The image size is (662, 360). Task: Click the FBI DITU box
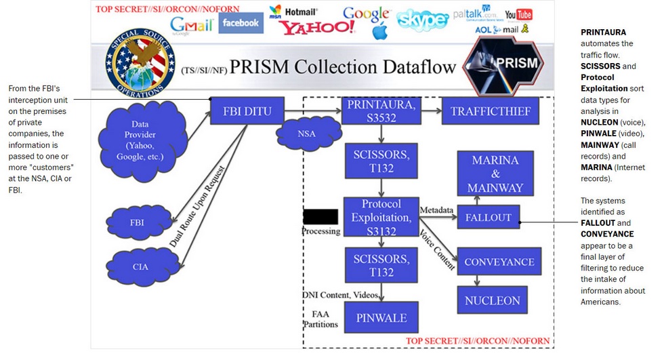tap(246, 112)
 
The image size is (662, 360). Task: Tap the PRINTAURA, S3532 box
tap(381, 111)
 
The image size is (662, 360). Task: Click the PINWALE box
tap(381, 317)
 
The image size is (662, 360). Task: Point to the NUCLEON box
tap(493, 300)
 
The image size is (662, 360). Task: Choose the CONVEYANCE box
tap(499, 262)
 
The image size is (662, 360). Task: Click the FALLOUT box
tap(488, 218)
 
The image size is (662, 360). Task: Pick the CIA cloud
tap(140, 266)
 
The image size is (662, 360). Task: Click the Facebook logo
tap(241, 22)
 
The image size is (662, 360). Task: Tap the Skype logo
tap(422, 20)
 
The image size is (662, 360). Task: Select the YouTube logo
tap(518, 14)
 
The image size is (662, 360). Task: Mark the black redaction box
tap(320, 217)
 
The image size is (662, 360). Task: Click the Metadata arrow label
tap(436, 210)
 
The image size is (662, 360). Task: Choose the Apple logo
tap(379, 31)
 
